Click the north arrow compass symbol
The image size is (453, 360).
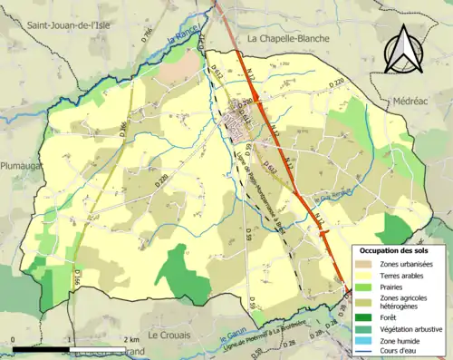tap(403, 49)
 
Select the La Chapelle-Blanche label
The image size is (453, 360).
tap(291, 38)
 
